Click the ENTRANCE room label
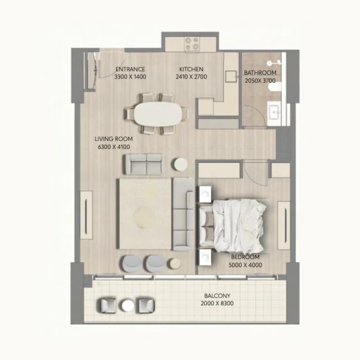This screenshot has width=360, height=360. [x=130, y=69]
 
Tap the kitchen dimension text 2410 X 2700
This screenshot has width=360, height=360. [x=192, y=77]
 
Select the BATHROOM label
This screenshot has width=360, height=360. [x=260, y=73]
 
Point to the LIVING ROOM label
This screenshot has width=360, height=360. [x=114, y=139]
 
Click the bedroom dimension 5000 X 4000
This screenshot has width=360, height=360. [x=245, y=265]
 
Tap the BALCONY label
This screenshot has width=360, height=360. [x=217, y=296]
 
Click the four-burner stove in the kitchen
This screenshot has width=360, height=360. [x=192, y=44]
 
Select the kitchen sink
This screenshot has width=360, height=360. [x=231, y=76]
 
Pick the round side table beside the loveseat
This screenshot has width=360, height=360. [x=181, y=164]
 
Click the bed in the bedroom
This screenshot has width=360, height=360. [x=232, y=225]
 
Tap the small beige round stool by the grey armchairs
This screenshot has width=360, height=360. [x=175, y=263]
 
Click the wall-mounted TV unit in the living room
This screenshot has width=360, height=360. [x=86, y=215]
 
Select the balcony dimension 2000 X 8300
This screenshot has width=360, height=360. [x=217, y=303]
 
